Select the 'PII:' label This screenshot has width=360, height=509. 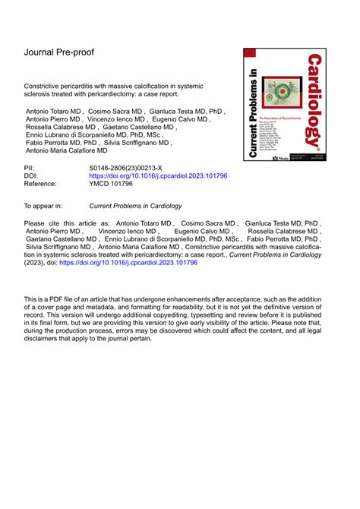[32, 165]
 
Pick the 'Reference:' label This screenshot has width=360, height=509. [44, 183]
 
